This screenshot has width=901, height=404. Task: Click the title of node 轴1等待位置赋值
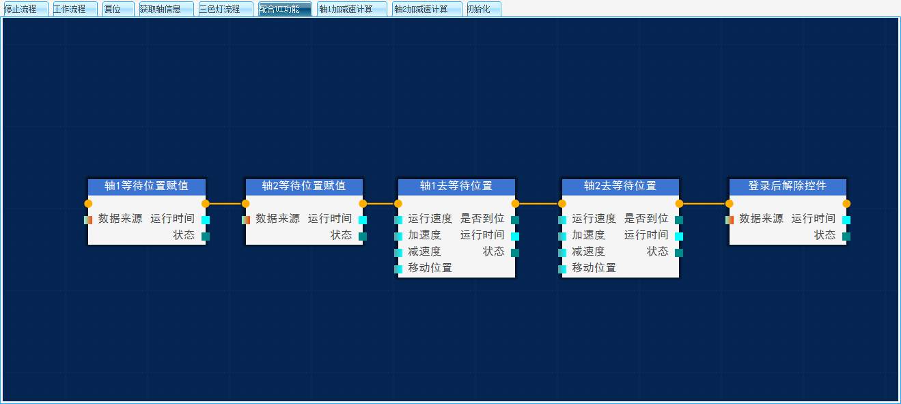coord(146,186)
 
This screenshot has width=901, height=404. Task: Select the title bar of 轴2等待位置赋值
coord(304,186)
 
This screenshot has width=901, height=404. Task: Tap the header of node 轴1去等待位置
coord(456,186)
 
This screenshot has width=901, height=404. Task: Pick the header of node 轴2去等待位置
coord(620,186)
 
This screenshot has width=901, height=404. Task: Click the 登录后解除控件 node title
coord(788,186)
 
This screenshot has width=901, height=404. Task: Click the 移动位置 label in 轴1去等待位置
coord(430,268)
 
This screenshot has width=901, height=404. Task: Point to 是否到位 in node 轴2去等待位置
coord(646,219)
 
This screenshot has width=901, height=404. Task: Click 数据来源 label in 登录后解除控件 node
coord(761,219)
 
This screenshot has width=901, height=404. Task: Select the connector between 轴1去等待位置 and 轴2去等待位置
coord(538,203)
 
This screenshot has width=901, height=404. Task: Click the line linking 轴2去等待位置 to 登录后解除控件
coord(704,203)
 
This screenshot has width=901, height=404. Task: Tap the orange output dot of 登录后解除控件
coord(846,203)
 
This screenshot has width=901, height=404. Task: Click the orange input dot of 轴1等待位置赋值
coord(88,203)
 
